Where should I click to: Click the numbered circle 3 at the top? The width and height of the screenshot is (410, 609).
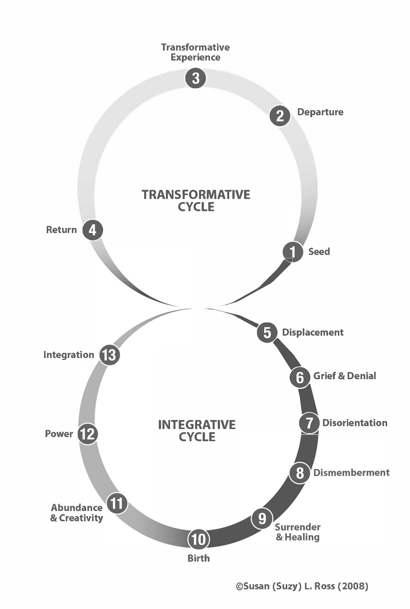pos(195,78)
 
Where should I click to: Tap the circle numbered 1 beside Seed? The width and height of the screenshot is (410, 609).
pos(293,251)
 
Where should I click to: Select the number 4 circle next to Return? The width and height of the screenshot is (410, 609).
pos(93,230)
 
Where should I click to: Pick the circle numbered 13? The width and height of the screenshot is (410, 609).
pos(110,355)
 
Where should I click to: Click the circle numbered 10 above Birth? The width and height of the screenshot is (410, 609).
pos(199,539)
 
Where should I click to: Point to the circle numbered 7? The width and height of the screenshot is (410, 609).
pos(309,423)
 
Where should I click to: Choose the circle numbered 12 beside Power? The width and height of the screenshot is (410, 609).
pos(88,434)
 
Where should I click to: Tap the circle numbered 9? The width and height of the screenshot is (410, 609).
pos(262,518)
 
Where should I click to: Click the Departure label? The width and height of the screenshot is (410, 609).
pos(320,112)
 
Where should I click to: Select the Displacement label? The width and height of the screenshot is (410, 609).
pos(313,332)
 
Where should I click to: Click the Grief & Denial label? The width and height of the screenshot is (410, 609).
pos(344,376)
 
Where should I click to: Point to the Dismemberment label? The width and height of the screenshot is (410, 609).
pos(351,473)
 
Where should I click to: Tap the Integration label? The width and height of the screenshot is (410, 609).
pos(69,355)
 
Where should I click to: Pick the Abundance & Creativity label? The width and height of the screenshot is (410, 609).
pos(77,513)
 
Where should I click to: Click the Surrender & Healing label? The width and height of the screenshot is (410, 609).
pos(298,532)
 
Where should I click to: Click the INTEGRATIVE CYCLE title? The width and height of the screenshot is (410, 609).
pos(197,431)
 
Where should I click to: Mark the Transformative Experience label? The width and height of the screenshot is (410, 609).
pos(195,52)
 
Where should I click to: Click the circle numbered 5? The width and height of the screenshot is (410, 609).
pos(267,332)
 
